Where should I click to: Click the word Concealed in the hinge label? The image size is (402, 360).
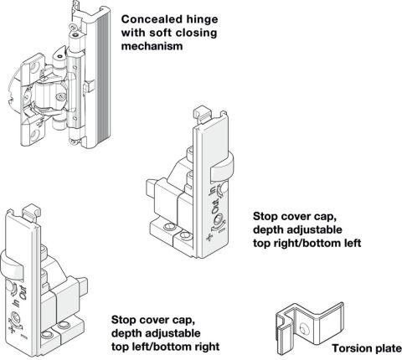tap(149, 19)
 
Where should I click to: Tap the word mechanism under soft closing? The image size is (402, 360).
tap(152, 46)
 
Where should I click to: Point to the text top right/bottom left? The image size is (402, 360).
tap(307, 244)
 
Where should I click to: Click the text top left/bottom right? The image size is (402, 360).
tap(165, 347)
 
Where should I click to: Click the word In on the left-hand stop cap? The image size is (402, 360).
tap(18, 302)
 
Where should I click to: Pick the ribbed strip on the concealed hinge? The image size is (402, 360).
tap(102, 77)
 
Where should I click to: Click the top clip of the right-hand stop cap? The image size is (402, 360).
tap(201, 114)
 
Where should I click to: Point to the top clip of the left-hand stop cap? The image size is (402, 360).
tap(31, 213)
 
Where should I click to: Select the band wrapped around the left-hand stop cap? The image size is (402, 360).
tap(11, 265)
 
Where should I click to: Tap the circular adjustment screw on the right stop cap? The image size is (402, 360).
tap(219, 219)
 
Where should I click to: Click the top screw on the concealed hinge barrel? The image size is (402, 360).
tap(75, 35)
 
